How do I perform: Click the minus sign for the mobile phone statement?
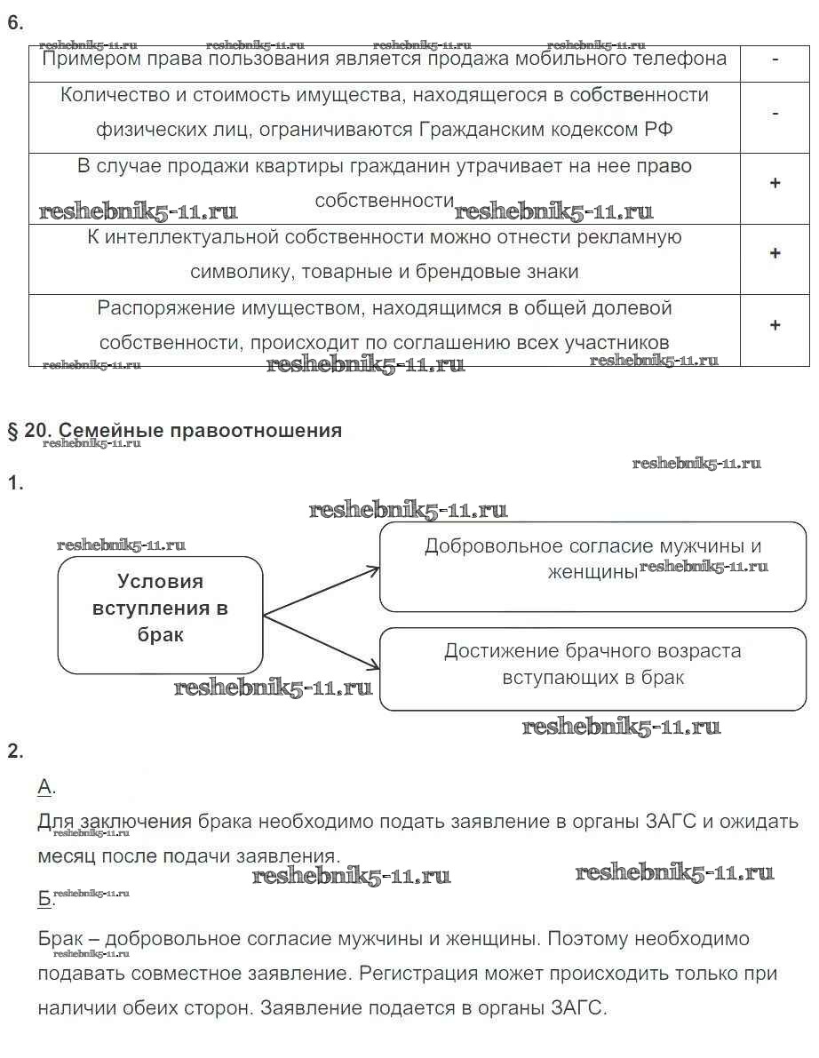(x=775, y=60)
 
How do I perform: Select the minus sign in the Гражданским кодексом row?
(x=775, y=113)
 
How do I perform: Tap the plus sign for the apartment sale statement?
(x=775, y=183)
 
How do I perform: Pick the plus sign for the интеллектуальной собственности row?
(x=775, y=254)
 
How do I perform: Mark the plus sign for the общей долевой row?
(x=775, y=325)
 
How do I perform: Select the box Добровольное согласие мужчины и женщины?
(x=592, y=566)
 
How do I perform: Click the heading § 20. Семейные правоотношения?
(x=174, y=431)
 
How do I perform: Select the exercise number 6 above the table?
(x=14, y=24)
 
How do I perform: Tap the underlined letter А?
(x=46, y=786)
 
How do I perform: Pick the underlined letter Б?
(x=45, y=899)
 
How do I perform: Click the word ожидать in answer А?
(x=758, y=822)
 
